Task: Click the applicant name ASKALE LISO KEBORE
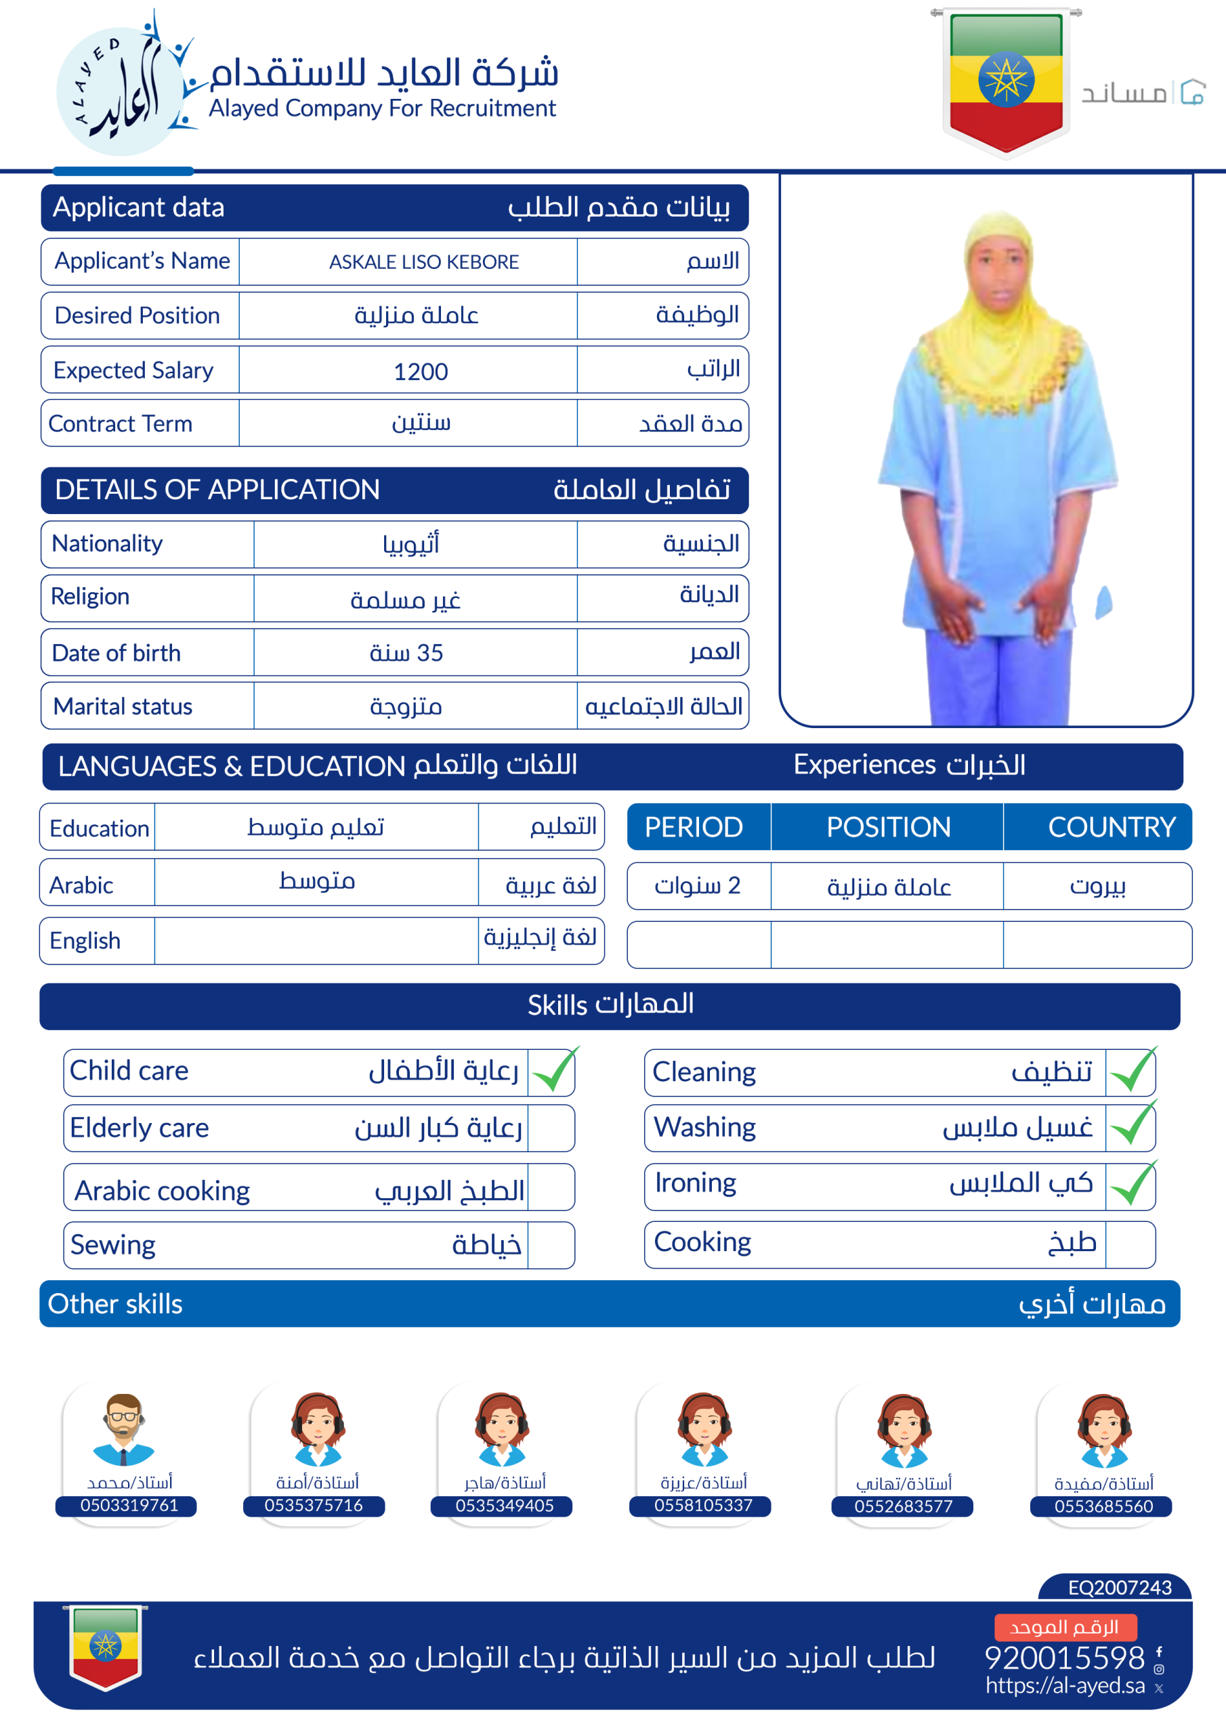424,262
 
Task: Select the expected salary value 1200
421,372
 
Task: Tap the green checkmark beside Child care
553,1071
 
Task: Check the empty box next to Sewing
551,1246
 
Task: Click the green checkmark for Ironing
1132,1184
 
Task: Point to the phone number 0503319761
129,1505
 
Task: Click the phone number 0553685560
1103,1506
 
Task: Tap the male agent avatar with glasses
124,1429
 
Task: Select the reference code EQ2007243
1120,1587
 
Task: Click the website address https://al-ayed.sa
1064,1685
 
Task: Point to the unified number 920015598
1064,1657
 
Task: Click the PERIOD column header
694,827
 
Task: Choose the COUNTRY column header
1111,827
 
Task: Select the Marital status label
123,706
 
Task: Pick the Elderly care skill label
140,1128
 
